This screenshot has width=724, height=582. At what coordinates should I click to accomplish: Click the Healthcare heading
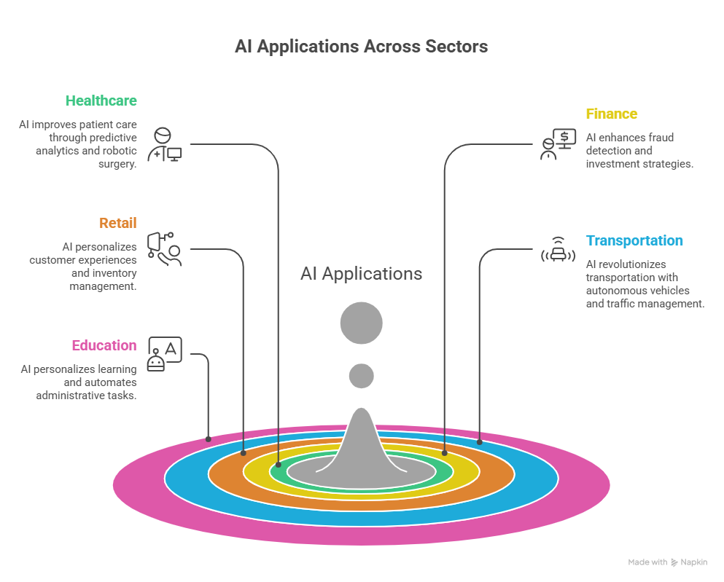point(101,101)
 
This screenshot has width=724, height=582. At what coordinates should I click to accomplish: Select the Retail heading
point(117,223)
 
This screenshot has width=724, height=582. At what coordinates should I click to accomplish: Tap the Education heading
point(104,345)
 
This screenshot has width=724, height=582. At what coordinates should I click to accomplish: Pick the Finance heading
point(611,114)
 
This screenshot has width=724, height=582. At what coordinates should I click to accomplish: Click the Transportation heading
point(634,240)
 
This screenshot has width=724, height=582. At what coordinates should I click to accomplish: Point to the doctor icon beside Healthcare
point(165,145)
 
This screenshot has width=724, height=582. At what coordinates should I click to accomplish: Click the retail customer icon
point(165,249)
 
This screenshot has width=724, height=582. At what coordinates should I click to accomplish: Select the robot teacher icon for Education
point(165,354)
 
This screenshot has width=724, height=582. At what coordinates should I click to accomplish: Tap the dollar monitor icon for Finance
point(558,144)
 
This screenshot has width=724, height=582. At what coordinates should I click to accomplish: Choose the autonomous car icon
point(558,250)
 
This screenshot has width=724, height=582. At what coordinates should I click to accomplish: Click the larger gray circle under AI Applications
point(362,323)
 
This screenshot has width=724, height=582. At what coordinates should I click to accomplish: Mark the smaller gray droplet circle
point(362,376)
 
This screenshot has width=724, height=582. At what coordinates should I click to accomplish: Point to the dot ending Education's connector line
point(209,439)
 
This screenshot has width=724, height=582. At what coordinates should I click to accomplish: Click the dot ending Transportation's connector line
point(480,442)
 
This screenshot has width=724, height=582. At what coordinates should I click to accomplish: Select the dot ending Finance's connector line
point(445,453)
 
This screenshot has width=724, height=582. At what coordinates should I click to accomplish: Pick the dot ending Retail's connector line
point(244,453)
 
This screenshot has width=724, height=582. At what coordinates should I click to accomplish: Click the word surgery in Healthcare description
point(117,164)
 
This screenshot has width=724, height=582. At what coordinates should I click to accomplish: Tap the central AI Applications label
point(362,273)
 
